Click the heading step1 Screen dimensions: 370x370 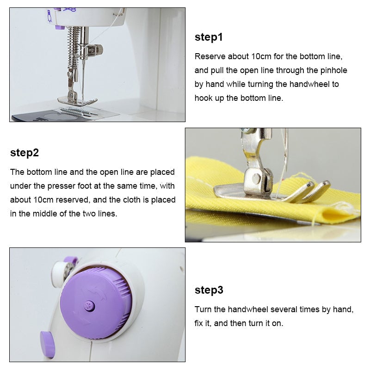click(209, 37)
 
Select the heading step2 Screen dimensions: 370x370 click(25, 153)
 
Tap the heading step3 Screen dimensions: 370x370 click(209, 290)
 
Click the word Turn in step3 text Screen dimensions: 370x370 click(203, 309)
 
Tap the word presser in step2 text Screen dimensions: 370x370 click(61, 186)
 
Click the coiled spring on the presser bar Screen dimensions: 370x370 click(74, 47)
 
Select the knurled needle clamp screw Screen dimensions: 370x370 click(96, 49)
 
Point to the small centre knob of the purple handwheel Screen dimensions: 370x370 click(89, 306)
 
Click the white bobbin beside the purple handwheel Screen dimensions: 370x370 click(60, 273)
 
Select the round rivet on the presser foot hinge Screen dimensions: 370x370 click(256, 179)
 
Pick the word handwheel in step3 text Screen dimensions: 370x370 click(248, 309)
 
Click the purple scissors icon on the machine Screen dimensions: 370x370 click(69, 10)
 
